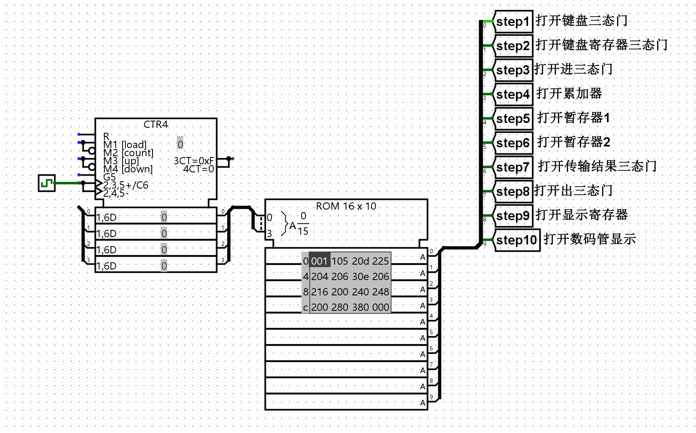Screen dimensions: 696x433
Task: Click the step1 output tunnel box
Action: tap(513, 21)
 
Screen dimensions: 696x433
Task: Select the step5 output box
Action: tap(513, 119)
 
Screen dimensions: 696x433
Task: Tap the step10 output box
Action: tap(517, 240)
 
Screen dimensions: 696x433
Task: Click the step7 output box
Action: tap(513, 167)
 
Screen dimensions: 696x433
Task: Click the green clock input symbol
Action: tap(47, 183)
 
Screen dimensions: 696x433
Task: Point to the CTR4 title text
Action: tap(156, 124)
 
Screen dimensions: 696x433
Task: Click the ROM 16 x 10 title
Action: tap(346, 206)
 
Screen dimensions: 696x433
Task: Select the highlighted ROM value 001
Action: tap(319, 261)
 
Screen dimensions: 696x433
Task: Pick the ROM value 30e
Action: tap(360, 276)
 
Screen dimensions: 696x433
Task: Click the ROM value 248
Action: tap(380, 292)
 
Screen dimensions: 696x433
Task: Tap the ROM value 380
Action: tap(360, 307)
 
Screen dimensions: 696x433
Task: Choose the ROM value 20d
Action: tap(360, 261)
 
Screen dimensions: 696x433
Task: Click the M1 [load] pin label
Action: tap(125, 144)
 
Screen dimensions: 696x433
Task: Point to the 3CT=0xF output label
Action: tap(194, 161)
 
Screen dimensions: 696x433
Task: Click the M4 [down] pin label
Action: tap(128, 169)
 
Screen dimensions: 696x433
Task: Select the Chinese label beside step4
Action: tap(569, 93)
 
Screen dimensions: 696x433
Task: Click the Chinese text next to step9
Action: tap(581, 215)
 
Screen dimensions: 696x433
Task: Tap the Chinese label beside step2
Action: tap(601, 45)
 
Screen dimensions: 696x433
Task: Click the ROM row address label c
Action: tap(306, 307)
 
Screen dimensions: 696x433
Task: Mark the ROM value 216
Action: tap(320, 292)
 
